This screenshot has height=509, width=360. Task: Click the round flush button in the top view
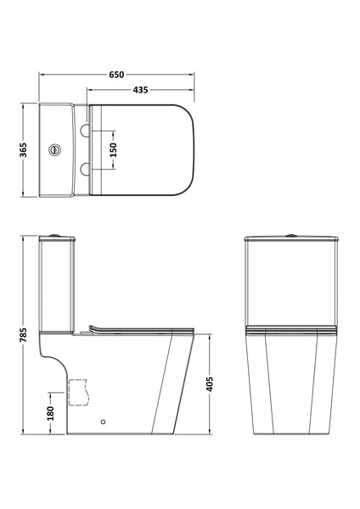pos(57,148)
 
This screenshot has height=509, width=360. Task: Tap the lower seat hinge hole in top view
pos(87,169)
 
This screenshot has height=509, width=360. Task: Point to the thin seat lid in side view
pos(136,330)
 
